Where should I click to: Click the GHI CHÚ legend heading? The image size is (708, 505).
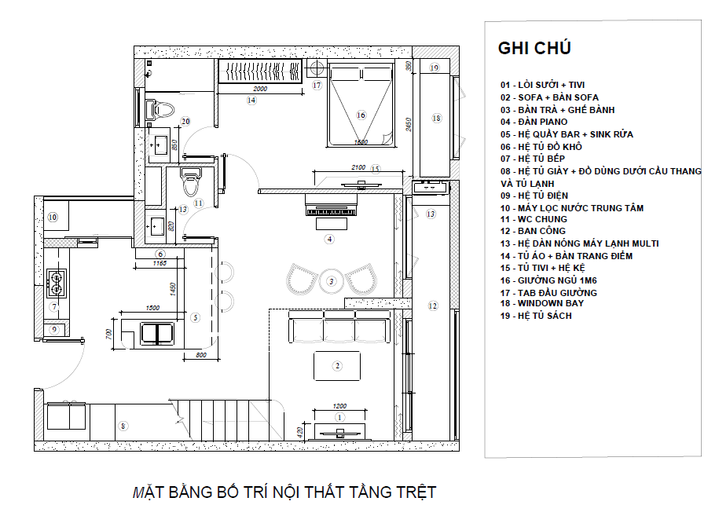click(534, 48)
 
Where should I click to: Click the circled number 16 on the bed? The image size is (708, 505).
click(361, 115)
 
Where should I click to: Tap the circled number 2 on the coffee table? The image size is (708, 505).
click(337, 365)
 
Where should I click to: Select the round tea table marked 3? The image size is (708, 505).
click(332, 280)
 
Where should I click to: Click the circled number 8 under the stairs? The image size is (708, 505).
click(123, 426)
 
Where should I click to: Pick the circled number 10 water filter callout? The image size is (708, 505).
click(53, 217)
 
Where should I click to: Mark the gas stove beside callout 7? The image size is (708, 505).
click(57, 278)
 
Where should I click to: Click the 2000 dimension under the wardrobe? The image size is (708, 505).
click(260, 90)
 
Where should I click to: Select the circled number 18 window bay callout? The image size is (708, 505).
click(437, 118)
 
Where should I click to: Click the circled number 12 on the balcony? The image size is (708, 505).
click(432, 306)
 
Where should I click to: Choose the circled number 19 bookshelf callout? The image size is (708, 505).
click(434, 68)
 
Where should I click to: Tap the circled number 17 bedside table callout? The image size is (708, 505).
click(317, 85)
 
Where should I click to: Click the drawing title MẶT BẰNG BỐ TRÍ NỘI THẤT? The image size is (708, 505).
click(284, 493)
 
